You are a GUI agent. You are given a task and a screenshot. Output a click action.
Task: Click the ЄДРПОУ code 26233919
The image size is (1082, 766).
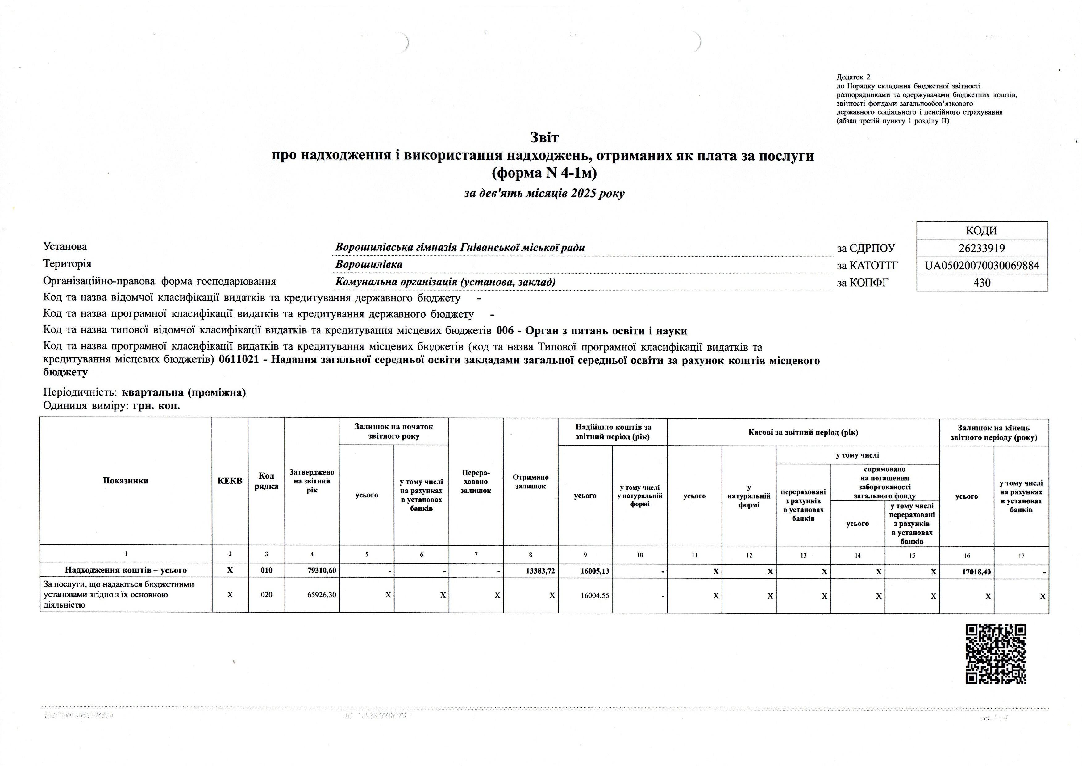point(982,248)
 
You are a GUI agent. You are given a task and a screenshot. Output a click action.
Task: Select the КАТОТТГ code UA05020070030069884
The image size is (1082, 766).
point(982,266)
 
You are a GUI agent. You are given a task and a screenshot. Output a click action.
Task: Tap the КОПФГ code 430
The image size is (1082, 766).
point(982,283)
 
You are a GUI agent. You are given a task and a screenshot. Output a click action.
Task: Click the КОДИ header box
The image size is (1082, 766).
point(982,231)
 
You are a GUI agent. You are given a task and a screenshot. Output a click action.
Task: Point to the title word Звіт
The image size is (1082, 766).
point(544,138)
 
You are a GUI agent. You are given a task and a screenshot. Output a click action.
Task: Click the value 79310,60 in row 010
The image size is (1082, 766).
point(322,571)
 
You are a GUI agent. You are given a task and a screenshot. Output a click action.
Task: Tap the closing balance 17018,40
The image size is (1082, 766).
point(976,572)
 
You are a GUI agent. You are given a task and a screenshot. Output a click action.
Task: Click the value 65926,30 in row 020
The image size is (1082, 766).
point(322,595)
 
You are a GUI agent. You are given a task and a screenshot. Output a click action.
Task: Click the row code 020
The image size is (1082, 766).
point(266,595)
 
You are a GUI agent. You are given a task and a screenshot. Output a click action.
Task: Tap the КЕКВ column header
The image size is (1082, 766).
point(230,481)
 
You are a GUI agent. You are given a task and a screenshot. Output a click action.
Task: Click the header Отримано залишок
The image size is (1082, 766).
point(531,482)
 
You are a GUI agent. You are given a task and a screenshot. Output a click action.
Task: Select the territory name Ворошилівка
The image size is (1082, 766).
point(369,264)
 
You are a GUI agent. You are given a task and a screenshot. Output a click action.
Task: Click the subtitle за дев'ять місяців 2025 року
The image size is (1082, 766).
point(544,193)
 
